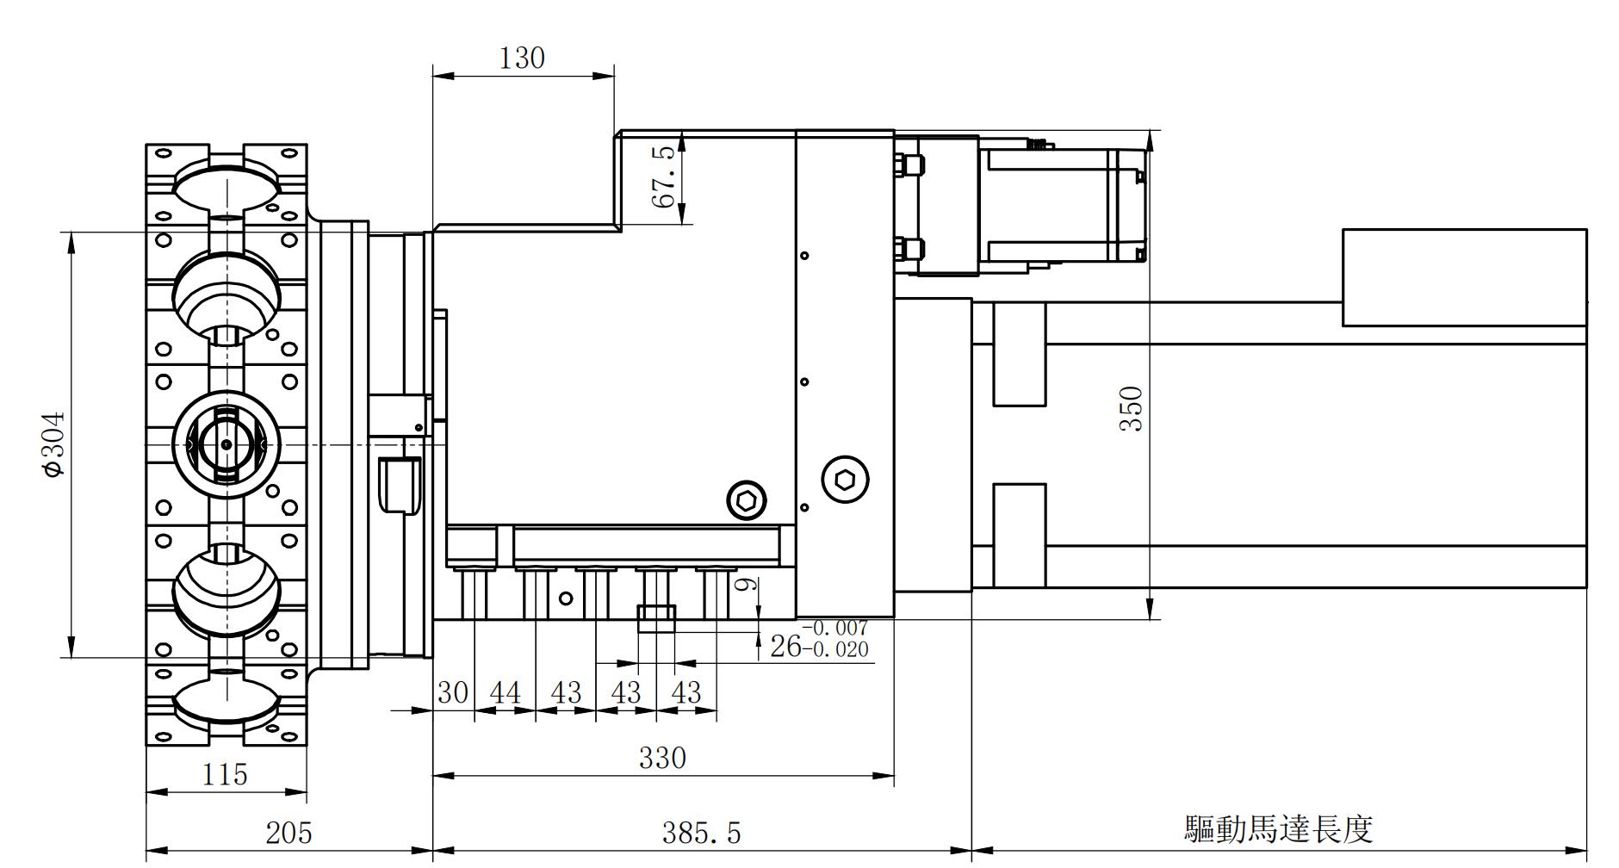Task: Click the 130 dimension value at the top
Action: (x=522, y=58)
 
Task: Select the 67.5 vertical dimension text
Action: (x=663, y=177)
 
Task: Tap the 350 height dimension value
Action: (x=1131, y=409)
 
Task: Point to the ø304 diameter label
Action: (x=53, y=444)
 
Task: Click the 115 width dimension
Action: (x=225, y=774)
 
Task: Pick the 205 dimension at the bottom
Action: (x=288, y=833)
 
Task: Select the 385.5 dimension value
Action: (x=701, y=833)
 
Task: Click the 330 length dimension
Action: (x=662, y=758)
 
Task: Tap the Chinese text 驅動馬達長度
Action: (x=1278, y=828)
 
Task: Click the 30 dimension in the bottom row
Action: (x=453, y=692)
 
